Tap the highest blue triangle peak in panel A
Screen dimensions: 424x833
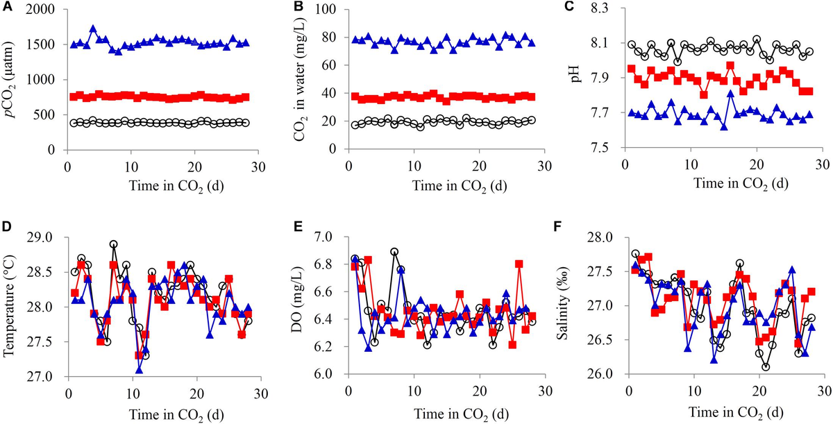(x=93, y=29)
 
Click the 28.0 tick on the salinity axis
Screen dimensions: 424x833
(x=603, y=237)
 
